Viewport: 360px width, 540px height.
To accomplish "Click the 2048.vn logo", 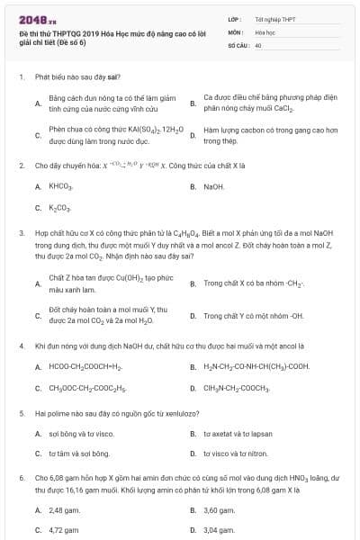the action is click(20, 18).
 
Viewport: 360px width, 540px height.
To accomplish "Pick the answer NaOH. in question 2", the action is click(214, 186).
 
